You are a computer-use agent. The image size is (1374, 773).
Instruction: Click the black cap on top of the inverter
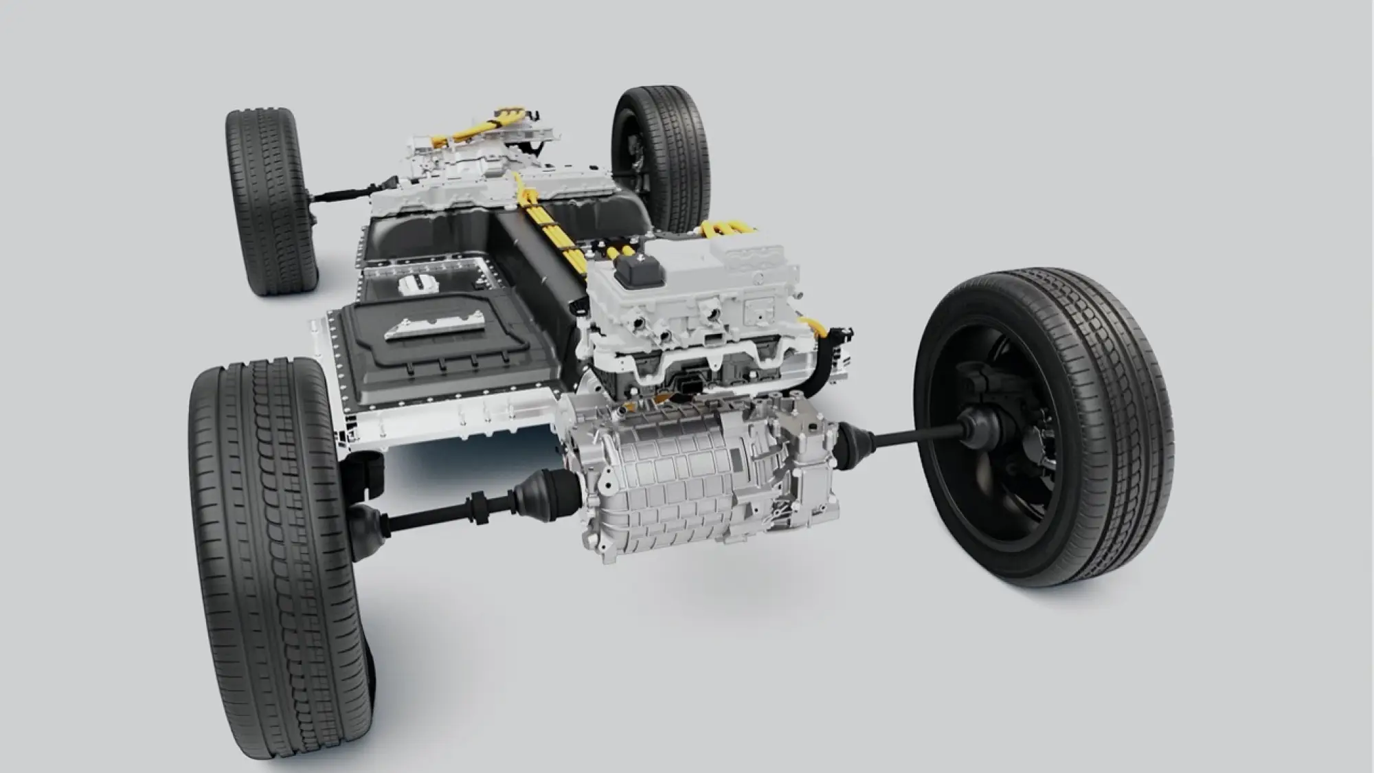(640, 270)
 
